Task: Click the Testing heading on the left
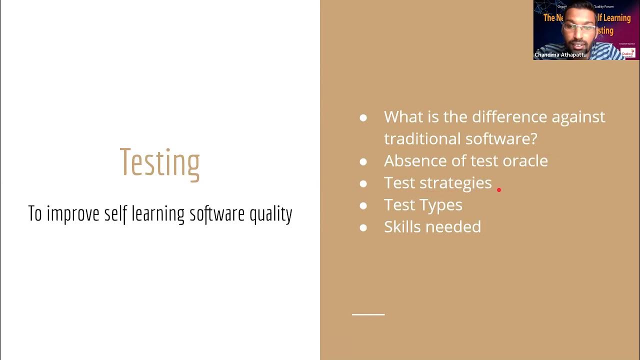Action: point(159,161)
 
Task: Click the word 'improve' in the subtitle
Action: point(74,213)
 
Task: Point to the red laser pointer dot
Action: point(499,190)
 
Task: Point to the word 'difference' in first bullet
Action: point(509,116)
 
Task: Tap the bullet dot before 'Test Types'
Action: point(363,205)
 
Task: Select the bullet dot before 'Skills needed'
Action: point(363,227)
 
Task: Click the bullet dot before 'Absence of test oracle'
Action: point(363,161)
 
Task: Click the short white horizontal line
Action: point(368,314)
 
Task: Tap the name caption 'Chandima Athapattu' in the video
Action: point(560,54)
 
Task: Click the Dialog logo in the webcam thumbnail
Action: point(628,52)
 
